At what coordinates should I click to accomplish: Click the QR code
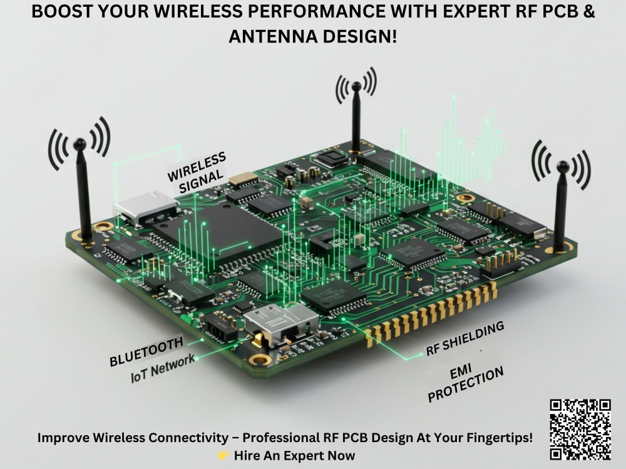pos(580,429)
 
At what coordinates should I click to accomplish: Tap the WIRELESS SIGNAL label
pos(197,168)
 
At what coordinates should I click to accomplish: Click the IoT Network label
pos(163,368)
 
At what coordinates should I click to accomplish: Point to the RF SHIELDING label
pos(465,339)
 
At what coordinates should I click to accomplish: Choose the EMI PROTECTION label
pos(476,383)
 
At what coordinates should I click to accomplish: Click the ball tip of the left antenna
pos(80,144)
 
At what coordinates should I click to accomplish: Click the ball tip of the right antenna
pos(563,167)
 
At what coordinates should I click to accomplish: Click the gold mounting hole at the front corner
pos(260,359)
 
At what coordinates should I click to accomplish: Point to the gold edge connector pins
pos(432,313)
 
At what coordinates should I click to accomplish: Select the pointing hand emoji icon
pos(223,456)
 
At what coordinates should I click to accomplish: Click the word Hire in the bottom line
pos(248,456)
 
